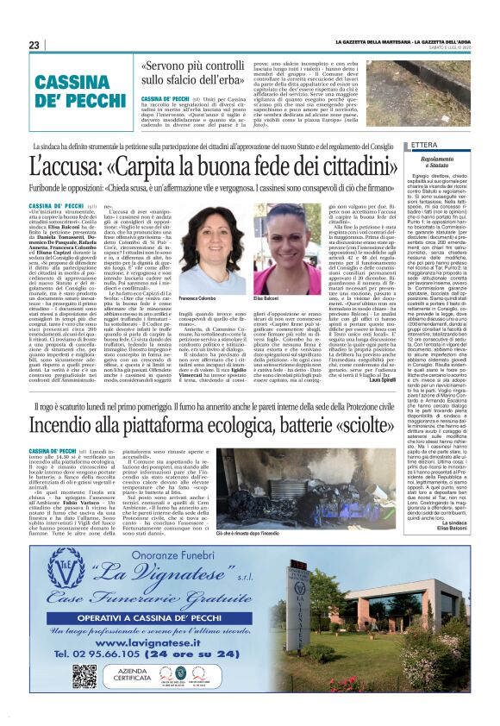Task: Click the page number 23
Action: point(34,45)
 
